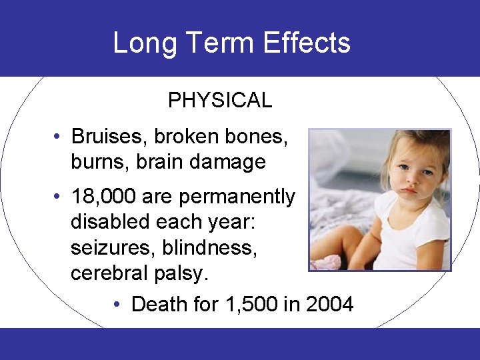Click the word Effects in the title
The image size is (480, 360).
(307, 43)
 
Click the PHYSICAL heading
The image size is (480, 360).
(220, 101)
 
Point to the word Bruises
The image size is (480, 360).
(109, 137)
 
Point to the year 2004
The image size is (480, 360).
(330, 305)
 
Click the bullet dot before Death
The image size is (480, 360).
(117, 305)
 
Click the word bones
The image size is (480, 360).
(256, 137)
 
